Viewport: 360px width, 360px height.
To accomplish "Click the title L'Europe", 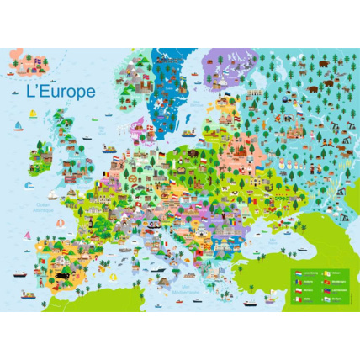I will pyautogui.click(x=61, y=92).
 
